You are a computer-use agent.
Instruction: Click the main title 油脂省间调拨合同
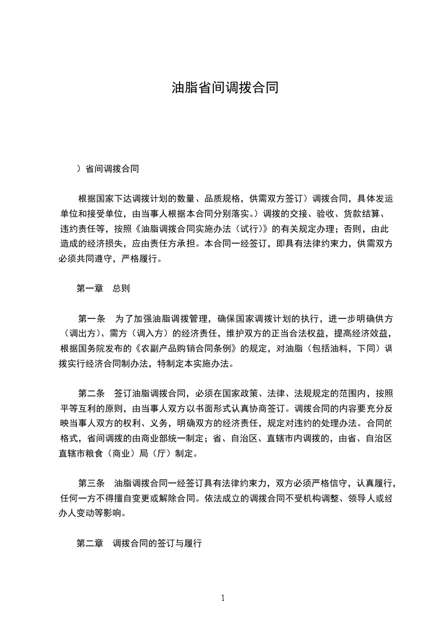point(224,89)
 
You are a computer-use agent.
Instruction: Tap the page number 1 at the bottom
point(223,598)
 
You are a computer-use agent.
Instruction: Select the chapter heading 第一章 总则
point(103,289)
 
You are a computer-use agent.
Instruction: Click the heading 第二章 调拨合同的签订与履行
point(139,544)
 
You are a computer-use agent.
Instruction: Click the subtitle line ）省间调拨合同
point(108,168)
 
